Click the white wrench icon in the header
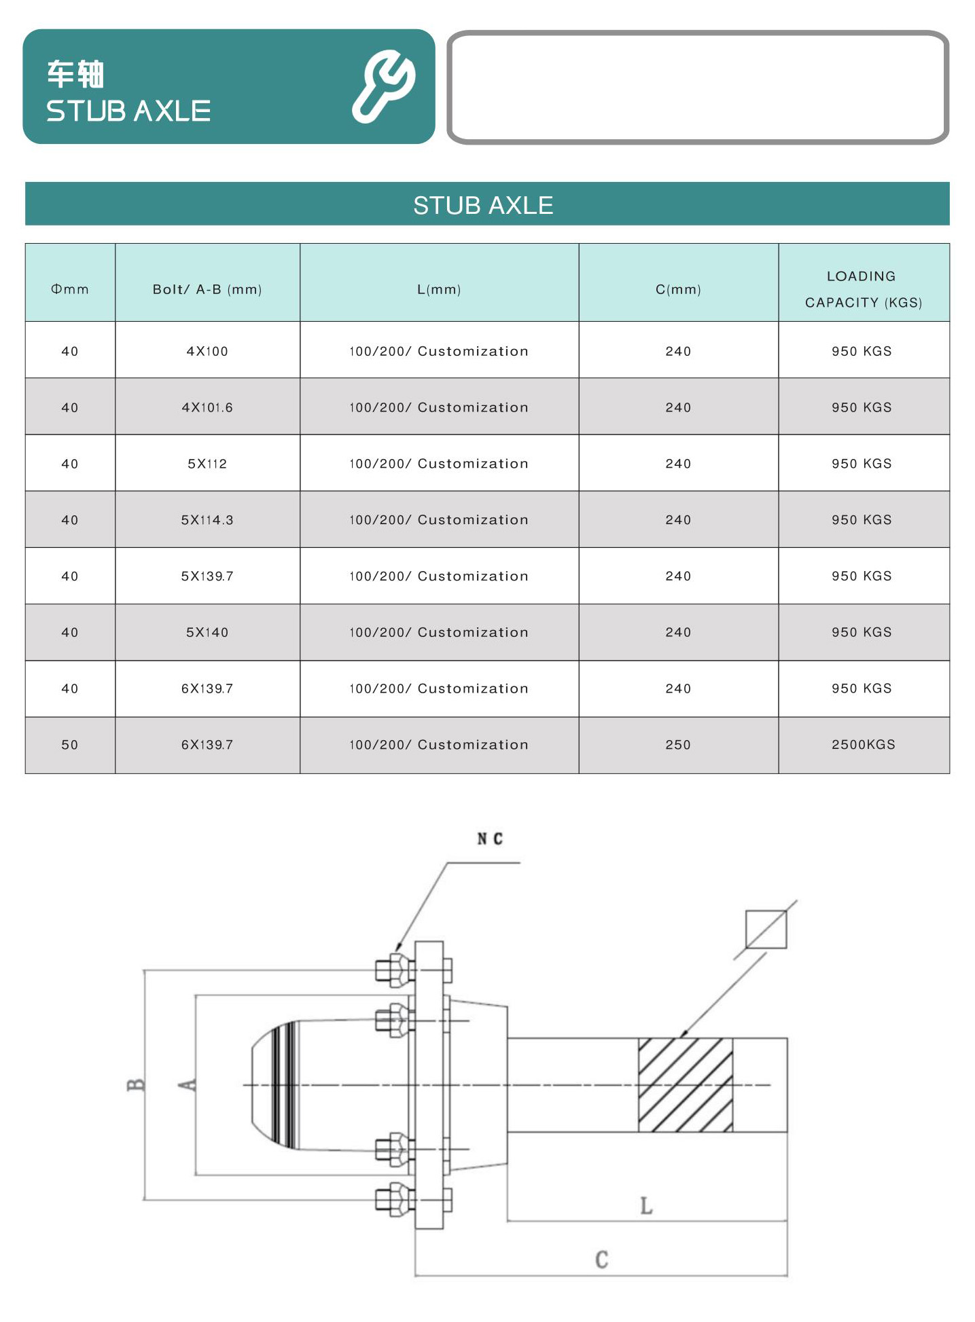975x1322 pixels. (383, 86)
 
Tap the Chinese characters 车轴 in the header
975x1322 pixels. (75, 74)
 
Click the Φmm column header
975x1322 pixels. (70, 289)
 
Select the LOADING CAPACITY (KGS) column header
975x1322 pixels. (863, 289)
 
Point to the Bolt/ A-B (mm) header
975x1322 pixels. (207, 289)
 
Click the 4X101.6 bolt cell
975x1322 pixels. (207, 407)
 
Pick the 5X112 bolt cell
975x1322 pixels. (207, 464)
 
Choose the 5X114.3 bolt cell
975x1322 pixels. (207, 520)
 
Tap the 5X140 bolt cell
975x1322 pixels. (207, 632)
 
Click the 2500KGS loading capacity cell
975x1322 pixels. (863, 745)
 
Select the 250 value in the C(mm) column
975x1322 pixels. (678, 745)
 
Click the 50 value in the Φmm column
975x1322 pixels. (70, 745)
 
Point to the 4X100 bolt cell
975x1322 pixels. (207, 351)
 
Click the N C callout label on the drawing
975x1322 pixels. (490, 839)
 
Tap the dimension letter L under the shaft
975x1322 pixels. (646, 1206)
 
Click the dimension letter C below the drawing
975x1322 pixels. (602, 1260)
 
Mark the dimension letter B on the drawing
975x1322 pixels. (136, 1085)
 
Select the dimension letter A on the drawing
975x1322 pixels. (188, 1085)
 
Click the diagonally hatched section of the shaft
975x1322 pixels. (685, 1085)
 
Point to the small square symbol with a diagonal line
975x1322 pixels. (766, 930)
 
